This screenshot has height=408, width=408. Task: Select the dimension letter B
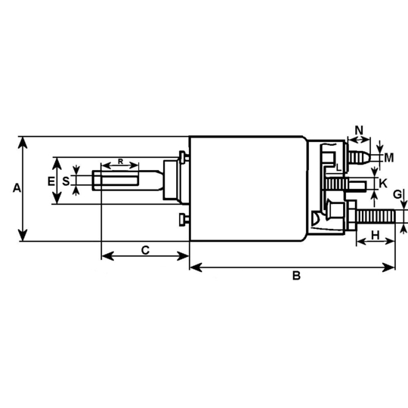pyautogui.click(x=297, y=277)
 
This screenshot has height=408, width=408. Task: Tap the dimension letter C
pyautogui.click(x=145, y=249)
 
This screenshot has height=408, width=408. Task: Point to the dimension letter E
pyautogui.click(x=51, y=181)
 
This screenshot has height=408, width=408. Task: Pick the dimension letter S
pyautogui.click(x=66, y=181)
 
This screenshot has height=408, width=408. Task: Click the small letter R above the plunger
pyautogui.click(x=120, y=162)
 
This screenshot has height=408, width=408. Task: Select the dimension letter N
pyautogui.click(x=359, y=130)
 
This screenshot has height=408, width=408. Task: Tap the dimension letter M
pyautogui.click(x=389, y=158)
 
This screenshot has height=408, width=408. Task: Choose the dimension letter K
pyautogui.click(x=383, y=183)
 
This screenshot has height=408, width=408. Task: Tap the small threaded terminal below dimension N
pyautogui.click(x=360, y=157)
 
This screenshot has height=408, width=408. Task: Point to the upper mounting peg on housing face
pyautogui.click(x=184, y=156)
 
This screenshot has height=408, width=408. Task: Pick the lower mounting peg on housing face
pyautogui.click(x=184, y=220)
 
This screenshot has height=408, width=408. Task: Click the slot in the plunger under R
pyautogui.click(x=115, y=181)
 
